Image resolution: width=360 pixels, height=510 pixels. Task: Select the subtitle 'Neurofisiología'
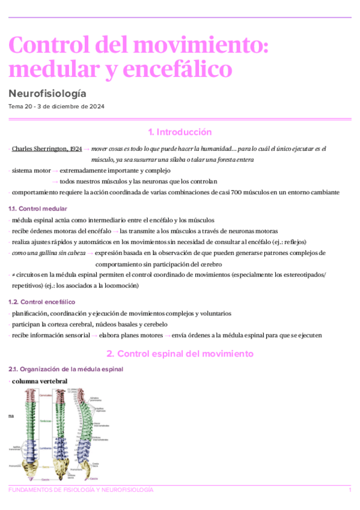tap(47, 94)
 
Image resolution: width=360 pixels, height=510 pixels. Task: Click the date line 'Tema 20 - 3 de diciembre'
tap(56, 106)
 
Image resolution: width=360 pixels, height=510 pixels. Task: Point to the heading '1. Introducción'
tap(180, 132)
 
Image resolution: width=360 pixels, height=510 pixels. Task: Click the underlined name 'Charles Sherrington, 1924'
tap(47, 148)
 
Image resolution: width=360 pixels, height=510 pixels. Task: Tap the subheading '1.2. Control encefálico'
tap(41, 302)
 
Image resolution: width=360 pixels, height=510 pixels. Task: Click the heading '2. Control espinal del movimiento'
tap(180, 354)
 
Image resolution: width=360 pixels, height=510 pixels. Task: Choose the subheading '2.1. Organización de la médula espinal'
tap(66, 369)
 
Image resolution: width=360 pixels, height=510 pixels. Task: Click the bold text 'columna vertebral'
tap(40, 381)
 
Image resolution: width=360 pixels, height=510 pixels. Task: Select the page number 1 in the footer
tap(350, 491)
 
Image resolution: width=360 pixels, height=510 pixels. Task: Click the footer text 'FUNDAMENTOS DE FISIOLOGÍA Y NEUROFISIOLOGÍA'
tap(81, 491)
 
